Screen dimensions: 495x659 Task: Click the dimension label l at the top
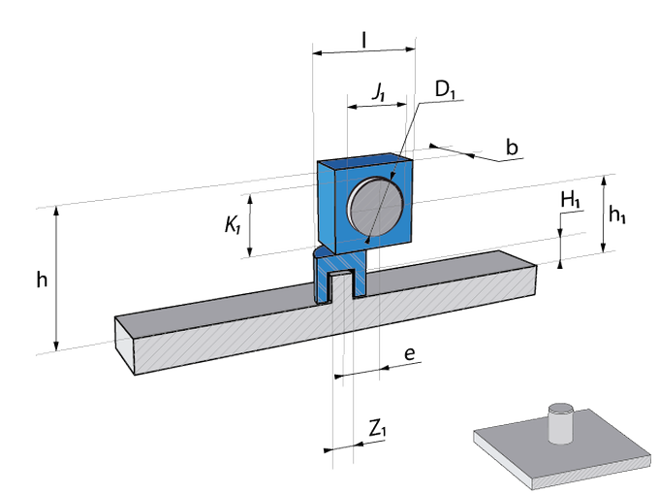pyautogui.click(x=362, y=38)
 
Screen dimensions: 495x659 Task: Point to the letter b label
pyautogui.click(x=512, y=148)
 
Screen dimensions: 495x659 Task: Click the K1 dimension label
pyautogui.click(x=233, y=225)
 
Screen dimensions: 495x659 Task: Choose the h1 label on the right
pyautogui.click(x=616, y=216)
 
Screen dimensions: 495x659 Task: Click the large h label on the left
pyautogui.click(x=41, y=280)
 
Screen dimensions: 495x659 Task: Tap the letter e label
pyautogui.click(x=410, y=354)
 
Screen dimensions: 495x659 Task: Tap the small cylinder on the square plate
pyautogui.click(x=561, y=422)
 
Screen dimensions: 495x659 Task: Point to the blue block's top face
pyautogui.click(x=363, y=157)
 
